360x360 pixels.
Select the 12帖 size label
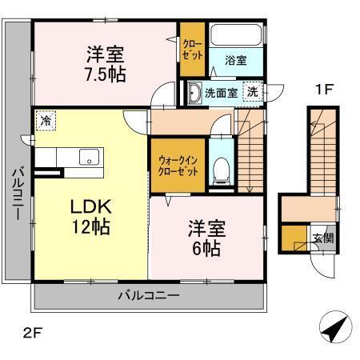coord(83,226)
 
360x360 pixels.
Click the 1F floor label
coord(322,90)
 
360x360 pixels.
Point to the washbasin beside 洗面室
coord(194,92)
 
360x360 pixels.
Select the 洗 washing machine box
coord(253,91)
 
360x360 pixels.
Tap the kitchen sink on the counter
coord(86,156)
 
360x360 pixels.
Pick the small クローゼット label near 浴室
coord(192,50)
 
